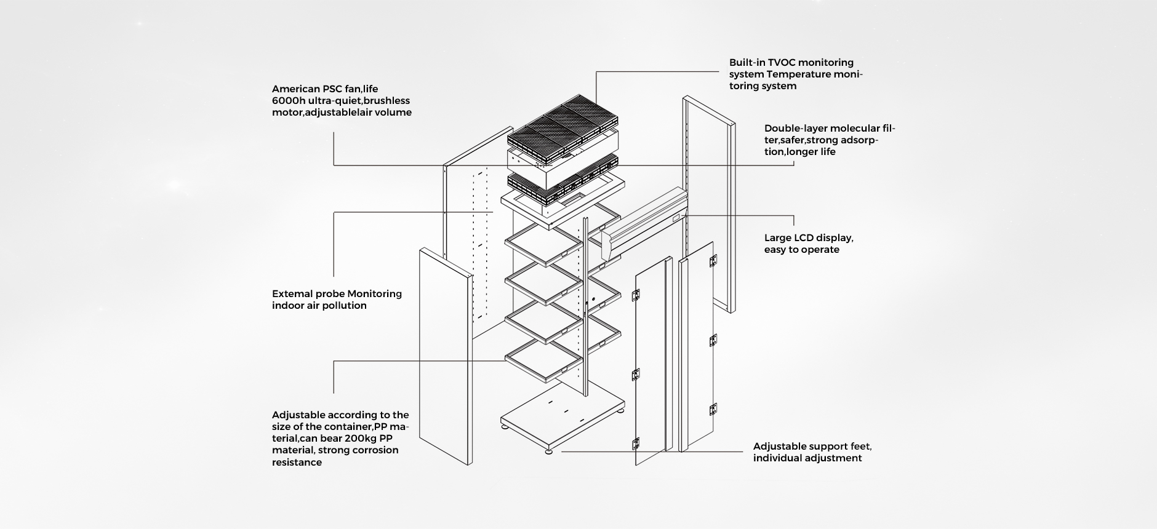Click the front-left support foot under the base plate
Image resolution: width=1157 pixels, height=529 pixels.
pos(548,453)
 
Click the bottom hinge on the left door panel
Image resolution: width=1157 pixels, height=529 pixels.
pos(636,442)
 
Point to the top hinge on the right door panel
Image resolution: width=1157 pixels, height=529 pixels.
pos(713,261)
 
